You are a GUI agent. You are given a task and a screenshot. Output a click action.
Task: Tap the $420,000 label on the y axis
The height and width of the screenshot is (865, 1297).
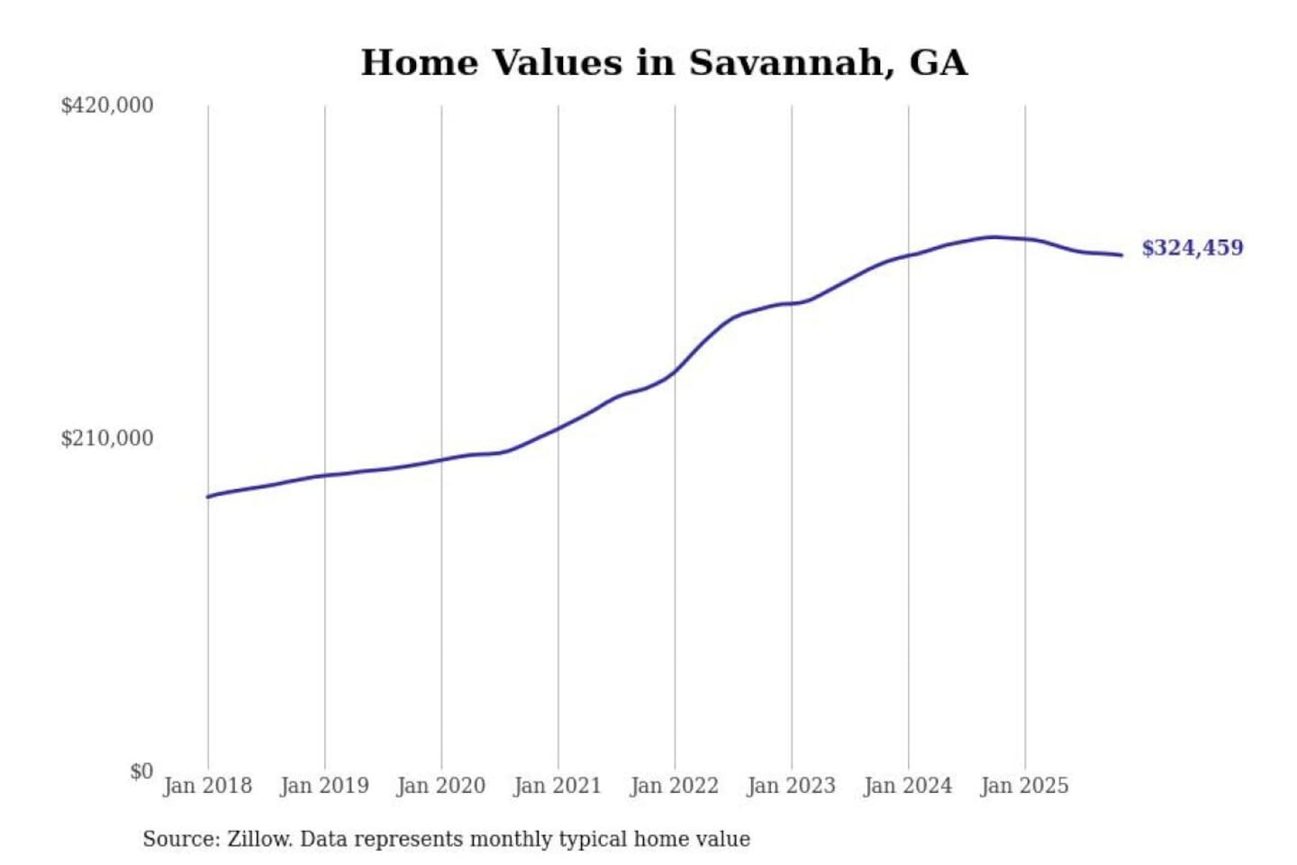click(x=107, y=105)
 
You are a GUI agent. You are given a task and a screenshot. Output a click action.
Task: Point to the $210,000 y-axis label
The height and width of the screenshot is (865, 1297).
click(x=107, y=439)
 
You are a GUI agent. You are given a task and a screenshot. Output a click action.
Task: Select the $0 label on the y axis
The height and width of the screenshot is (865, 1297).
click(x=141, y=771)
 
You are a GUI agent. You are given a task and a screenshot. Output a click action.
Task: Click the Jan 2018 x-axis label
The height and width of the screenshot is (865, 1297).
click(x=208, y=786)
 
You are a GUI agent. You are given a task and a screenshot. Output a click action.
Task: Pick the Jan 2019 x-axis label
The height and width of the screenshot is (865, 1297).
click(x=324, y=786)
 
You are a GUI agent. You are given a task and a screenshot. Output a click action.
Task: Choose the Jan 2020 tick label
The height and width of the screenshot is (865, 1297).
click(x=441, y=786)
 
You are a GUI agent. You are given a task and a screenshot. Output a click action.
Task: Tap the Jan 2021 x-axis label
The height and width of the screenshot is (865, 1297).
click(x=558, y=786)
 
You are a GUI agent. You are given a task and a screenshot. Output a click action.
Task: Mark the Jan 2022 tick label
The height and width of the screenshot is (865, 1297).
click(x=675, y=786)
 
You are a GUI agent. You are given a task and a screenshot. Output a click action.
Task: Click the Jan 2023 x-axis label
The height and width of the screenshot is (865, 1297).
click(x=792, y=786)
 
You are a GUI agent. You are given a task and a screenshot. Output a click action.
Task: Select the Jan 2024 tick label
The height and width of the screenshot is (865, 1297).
click(x=908, y=786)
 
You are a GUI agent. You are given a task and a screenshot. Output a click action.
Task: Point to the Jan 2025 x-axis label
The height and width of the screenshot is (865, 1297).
click(x=1025, y=786)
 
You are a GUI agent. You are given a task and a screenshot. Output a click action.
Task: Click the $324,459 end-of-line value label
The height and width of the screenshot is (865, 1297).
click(x=1193, y=248)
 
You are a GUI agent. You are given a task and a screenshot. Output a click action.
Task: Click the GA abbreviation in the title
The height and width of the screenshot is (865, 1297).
click(x=939, y=63)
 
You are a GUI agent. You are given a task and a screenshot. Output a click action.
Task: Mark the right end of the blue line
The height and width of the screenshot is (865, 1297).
click(x=1121, y=255)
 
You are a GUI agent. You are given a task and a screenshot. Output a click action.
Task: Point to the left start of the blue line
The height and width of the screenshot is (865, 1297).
click(x=208, y=496)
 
